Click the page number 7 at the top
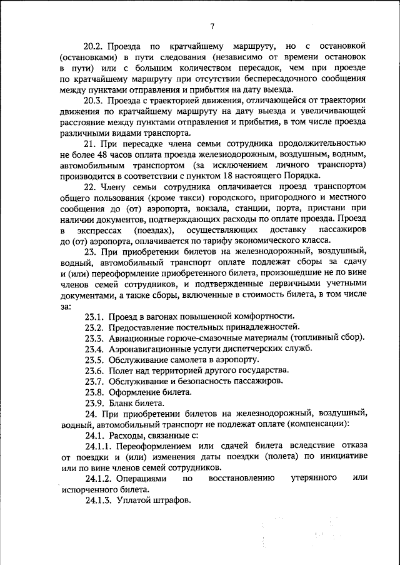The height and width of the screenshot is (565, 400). [x=212, y=26]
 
